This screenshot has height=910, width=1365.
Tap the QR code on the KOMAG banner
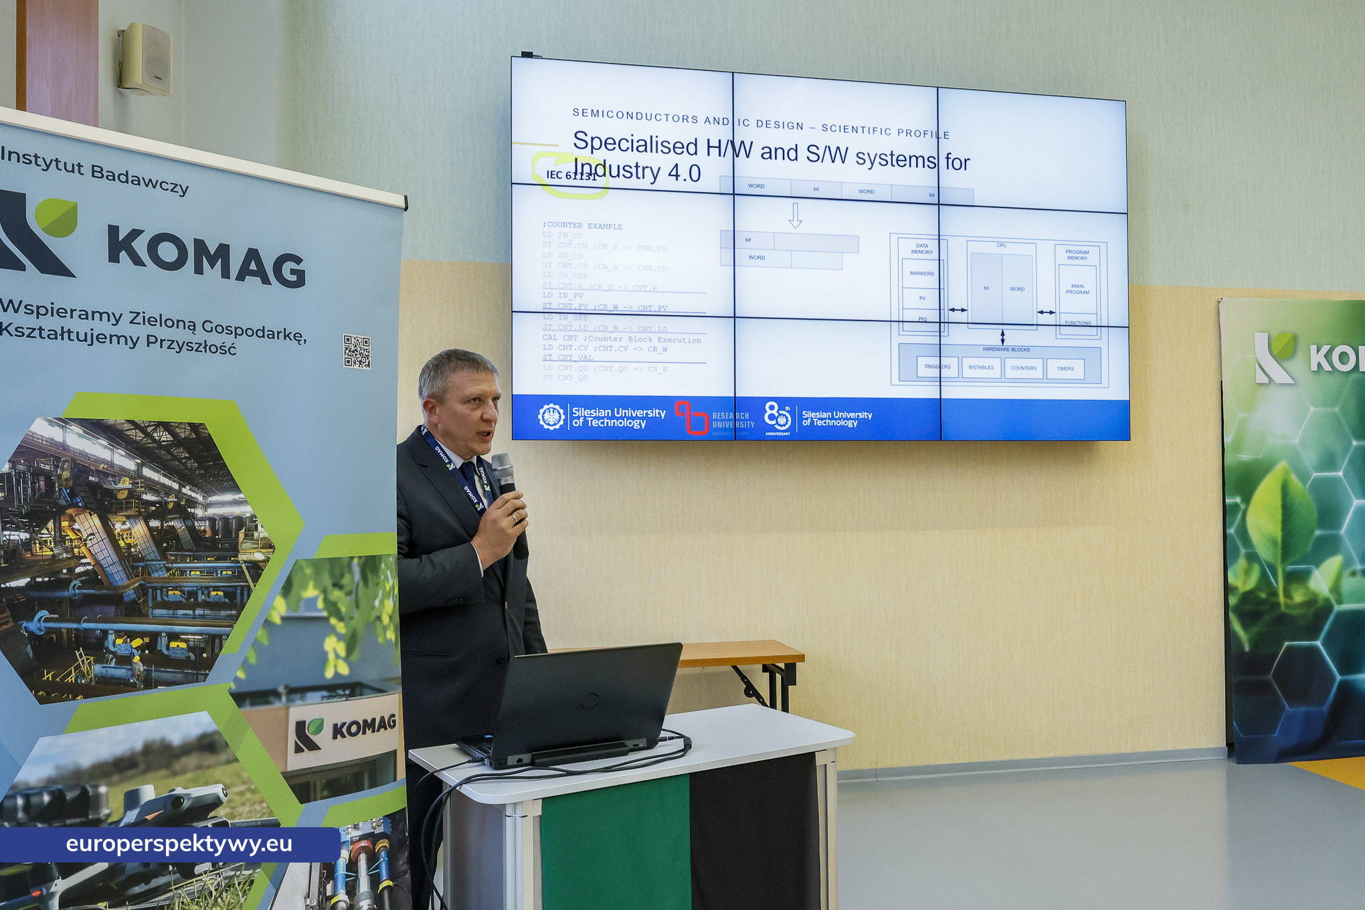[x=357, y=351]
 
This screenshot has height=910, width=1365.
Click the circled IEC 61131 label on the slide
[x=571, y=175]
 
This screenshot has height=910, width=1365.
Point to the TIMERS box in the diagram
[x=1065, y=369]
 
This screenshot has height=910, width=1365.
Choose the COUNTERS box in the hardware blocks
[x=1023, y=368]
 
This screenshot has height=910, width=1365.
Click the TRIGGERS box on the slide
[x=937, y=367]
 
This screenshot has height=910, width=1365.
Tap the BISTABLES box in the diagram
[x=981, y=367]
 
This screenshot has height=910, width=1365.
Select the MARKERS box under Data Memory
[x=922, y=274]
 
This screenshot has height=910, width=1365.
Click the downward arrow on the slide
[x=795, y=215]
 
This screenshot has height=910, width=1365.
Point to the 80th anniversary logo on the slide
[x=778, y=418]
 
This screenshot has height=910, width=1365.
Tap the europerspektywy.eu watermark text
[x=179, y=844]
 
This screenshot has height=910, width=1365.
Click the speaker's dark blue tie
[x=469, y=476]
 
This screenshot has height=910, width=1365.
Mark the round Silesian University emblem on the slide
[x=551, y=417]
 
